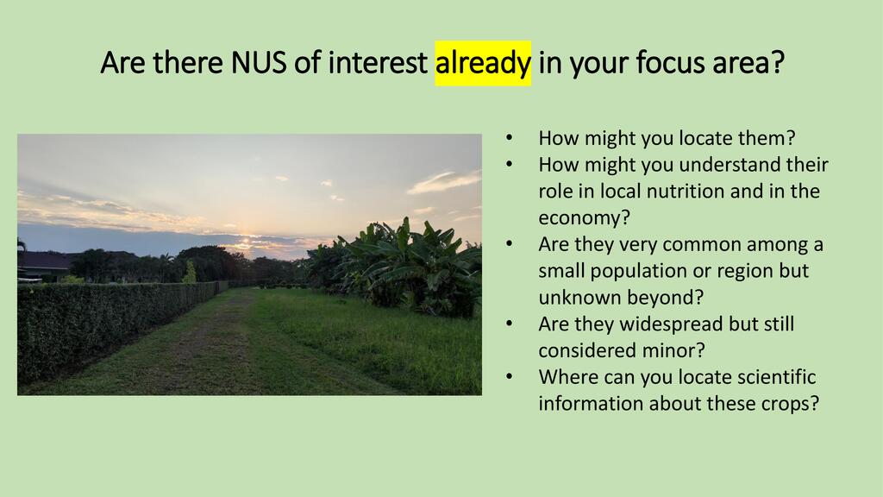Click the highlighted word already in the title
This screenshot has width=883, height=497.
pos(483,62)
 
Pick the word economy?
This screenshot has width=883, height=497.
pos(584,218)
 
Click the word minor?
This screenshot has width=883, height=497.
pos(677,350)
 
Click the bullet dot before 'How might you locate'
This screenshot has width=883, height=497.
pos(509,139)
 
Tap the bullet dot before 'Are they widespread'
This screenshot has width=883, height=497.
pos(509,324)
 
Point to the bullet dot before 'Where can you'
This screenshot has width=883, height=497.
pos(509,378)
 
